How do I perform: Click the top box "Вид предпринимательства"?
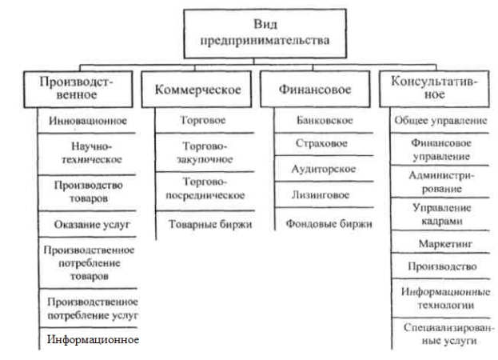265,34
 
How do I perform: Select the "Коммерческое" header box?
197,90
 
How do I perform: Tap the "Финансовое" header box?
315,89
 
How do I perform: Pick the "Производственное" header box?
78,90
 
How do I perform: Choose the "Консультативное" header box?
434,89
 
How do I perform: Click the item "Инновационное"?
88,121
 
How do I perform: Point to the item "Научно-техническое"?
91,153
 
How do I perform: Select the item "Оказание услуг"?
92,224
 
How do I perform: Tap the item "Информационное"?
93,339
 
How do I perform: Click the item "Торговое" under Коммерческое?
202,120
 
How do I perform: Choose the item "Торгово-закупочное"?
205,153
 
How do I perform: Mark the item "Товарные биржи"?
210,224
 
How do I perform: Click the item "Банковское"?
325,120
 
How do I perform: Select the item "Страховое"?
321,143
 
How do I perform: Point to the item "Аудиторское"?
323,169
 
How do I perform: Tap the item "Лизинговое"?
321,194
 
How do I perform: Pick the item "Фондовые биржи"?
329,224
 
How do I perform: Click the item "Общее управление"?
440,121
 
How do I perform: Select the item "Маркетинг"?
445,244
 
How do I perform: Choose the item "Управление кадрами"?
441,214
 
